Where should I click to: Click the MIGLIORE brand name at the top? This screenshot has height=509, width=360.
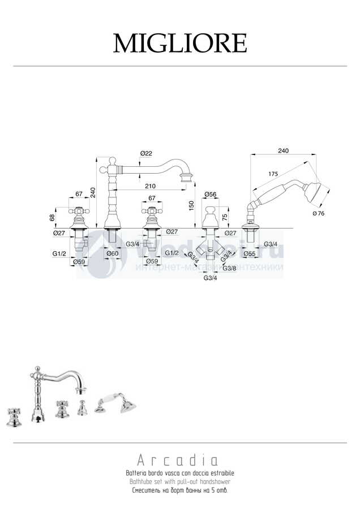coord(180,43)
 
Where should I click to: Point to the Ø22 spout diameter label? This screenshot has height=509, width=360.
coord(145,153)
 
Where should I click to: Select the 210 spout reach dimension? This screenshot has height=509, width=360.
coord(150,186)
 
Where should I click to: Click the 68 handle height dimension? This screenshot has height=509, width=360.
coord(53,217)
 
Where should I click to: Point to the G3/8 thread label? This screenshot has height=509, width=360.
coord(229,268)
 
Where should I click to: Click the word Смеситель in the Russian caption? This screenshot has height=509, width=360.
coord(145,490)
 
